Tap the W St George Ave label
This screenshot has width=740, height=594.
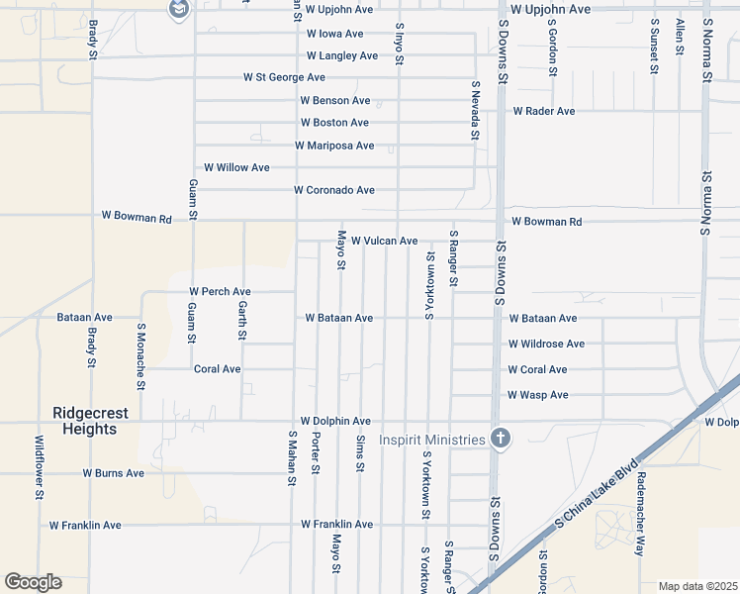click(x=284, y=77)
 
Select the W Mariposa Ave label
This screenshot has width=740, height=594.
click(x=334, y=146)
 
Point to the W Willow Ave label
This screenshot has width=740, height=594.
click(x=236, y=168)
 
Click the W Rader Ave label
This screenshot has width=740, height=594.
click(x=543, y=112)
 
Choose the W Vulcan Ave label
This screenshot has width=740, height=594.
click(x=384, y=241)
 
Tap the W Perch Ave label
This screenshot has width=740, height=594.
click(x=220, y=292)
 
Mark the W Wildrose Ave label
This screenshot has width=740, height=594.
click(x=546, y=345)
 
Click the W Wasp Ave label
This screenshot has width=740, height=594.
click(x=537, y=395)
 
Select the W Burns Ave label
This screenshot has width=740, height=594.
click(x=113, y=473)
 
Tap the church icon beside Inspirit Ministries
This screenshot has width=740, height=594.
click(x=501, y=439)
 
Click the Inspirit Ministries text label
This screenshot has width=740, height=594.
click(x=431, y=440)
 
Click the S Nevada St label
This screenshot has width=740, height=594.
click(x=475, y=111)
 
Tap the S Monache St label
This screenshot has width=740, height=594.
click(x=141, y=356)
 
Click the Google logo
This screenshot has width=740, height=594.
click(x=33, y=582)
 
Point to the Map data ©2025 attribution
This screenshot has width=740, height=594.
click(x=696, y=586)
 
